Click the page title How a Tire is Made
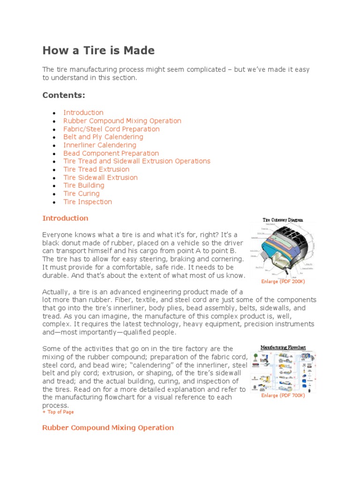98,51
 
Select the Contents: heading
64,95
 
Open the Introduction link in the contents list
83,112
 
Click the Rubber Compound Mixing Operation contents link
122,121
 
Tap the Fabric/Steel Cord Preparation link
112,129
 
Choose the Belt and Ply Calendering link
103,137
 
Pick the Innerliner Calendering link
100,145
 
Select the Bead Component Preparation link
111,153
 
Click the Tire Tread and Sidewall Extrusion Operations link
137,161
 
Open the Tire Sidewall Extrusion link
100,178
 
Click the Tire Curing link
82,194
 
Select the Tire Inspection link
88,202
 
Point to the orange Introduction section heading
65,218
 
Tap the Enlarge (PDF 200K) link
283,282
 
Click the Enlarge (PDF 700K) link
283,396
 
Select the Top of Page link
58,412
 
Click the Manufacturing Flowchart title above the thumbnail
283,348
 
